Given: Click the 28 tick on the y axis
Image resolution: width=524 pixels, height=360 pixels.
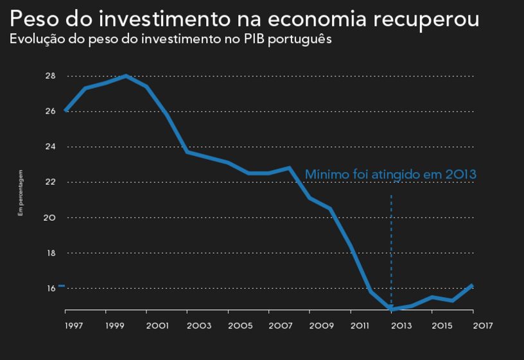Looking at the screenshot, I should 51,76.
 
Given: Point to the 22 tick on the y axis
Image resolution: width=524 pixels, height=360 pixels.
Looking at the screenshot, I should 51,182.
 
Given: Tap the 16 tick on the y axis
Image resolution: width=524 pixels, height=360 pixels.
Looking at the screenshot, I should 51,289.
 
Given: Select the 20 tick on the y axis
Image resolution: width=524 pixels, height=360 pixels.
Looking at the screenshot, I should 51,218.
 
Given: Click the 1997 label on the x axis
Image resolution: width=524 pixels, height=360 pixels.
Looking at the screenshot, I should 74,326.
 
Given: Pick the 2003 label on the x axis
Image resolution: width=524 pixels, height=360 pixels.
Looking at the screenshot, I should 198,326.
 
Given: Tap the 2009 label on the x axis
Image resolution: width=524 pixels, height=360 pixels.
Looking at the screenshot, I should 321,326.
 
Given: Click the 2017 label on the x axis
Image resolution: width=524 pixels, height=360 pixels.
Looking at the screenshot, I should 482,326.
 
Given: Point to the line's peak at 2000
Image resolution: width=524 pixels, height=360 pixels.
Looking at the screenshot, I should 127,76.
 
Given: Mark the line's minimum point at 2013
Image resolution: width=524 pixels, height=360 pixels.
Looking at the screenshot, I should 391,309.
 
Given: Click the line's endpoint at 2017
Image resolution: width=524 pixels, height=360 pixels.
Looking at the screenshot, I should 473,285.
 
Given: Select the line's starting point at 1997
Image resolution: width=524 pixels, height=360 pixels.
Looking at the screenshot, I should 65,111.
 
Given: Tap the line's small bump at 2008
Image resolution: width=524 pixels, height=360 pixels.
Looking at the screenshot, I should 290,168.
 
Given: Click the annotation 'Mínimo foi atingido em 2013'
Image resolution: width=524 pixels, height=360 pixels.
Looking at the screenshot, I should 390,174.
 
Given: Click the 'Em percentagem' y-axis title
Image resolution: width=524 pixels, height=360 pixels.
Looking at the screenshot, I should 21,192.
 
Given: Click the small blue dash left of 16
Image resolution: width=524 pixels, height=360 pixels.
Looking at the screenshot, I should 61,286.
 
